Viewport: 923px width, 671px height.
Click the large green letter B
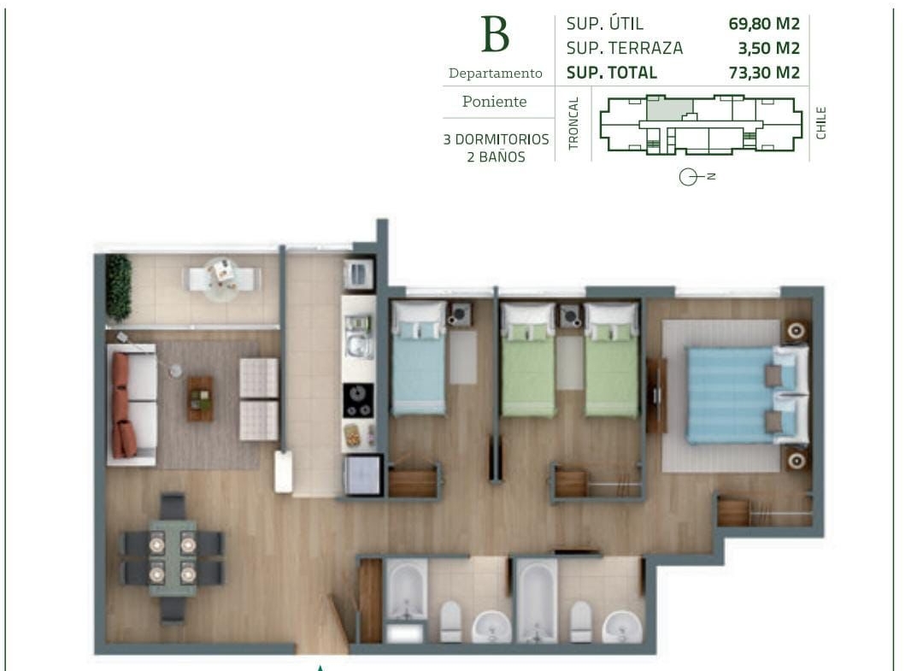(x=495, y=34)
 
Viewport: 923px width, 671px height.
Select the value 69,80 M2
(x=764, y=24)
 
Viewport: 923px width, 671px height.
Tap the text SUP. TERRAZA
(x=625, y=48)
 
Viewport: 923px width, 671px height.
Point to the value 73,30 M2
(x=764, y=73)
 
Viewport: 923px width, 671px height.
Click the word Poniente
(x=495, y=101)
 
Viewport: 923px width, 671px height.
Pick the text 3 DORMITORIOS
(x=496, y=139)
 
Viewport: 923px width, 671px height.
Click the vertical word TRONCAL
(x=574, y=123)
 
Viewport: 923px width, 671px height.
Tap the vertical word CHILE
(x=821, y=123)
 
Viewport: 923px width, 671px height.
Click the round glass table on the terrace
(x=222, y=280)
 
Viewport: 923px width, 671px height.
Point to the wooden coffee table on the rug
(x=201, y=398)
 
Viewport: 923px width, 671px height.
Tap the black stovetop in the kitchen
(x=358, y=401)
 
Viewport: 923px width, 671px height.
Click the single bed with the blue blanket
(x=419, y=358)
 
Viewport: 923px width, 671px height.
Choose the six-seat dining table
(x=173, y=557)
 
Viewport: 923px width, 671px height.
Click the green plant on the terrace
(x=118, y=286)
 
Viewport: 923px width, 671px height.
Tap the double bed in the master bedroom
(x=747, y=395)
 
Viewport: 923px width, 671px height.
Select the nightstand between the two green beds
(x=569, y=316)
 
